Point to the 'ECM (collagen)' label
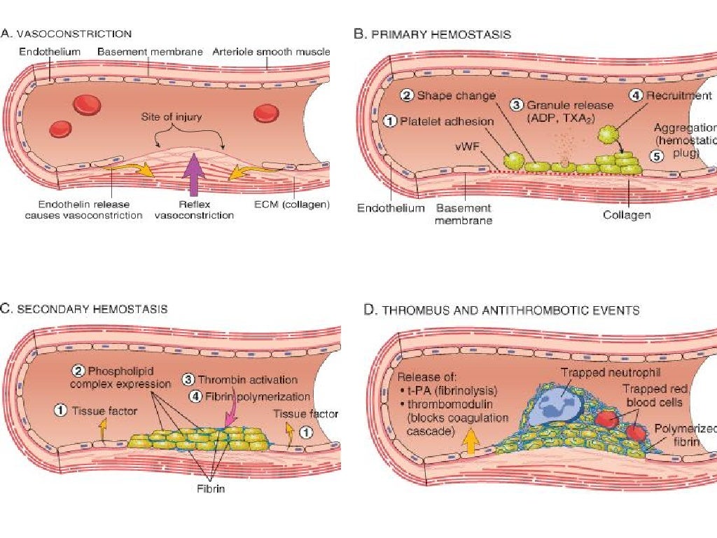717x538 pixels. tap(292, 205)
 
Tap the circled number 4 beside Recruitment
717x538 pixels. tap(636, 96)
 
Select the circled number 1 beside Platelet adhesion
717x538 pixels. tap(391, 121)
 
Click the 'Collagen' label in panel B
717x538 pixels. tap(627, 215)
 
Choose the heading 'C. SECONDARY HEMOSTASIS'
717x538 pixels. tap(84, 308)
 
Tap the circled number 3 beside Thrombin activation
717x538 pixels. tap(188, 380)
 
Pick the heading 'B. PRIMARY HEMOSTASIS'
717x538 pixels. tap(432, 34)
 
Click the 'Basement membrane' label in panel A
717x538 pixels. tap(150, 52)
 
